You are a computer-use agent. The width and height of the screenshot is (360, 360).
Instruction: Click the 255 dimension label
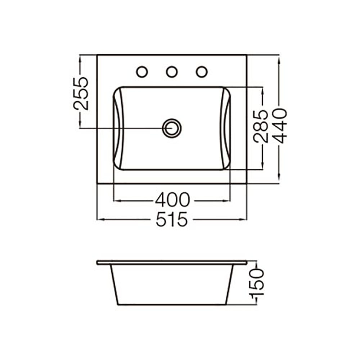81,94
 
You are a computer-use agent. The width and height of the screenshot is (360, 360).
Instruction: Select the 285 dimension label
261,126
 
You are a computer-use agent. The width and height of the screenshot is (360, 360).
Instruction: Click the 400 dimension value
173,200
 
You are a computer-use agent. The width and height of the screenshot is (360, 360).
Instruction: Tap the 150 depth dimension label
257,282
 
